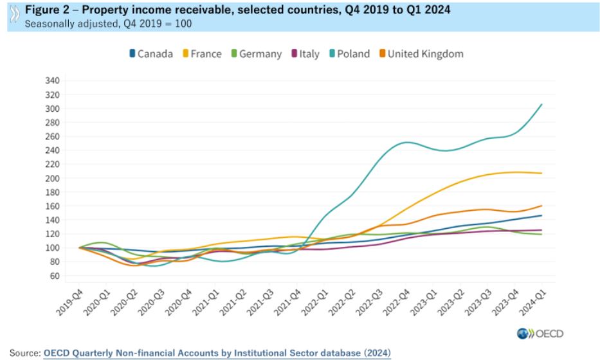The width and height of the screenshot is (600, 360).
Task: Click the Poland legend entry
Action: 348,54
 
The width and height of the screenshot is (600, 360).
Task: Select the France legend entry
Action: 201,54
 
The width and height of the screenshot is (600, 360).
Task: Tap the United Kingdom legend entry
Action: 420,54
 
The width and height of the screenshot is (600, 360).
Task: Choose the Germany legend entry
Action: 255,54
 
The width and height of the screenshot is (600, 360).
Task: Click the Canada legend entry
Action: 150,54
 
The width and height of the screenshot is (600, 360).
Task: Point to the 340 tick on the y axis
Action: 52,80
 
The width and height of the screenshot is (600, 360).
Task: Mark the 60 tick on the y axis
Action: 54,276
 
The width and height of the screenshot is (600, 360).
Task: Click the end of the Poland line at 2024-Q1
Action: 541,104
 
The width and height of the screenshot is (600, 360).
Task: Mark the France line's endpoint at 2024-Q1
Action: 541,174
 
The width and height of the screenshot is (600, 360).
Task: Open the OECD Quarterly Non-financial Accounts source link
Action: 217,353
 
